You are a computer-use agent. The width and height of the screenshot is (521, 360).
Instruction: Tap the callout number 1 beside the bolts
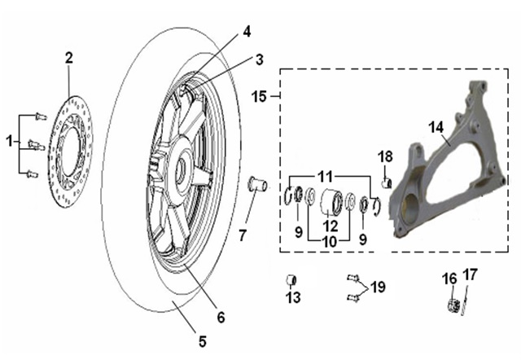(10, 142)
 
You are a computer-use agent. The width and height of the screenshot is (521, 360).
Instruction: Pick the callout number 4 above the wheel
(247, 32)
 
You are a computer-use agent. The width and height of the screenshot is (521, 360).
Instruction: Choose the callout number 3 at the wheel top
(259, 59)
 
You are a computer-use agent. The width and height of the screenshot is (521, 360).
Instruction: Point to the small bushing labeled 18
(388, 179)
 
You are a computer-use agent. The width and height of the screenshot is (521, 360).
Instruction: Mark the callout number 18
(386, 156)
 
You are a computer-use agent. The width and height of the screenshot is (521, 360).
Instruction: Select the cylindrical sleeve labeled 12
(332, 199)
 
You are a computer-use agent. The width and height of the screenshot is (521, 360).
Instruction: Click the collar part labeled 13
(291, 281)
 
